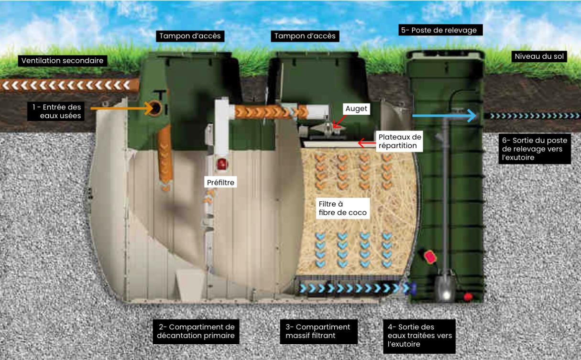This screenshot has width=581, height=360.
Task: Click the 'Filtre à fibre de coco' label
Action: point(343,208)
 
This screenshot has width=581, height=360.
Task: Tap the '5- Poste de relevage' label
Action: point(439,30)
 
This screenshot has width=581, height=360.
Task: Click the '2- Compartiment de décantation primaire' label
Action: point(197,331)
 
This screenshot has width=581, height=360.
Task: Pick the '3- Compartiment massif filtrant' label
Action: point(318,331)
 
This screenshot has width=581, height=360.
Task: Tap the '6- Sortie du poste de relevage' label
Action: point(534,149)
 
